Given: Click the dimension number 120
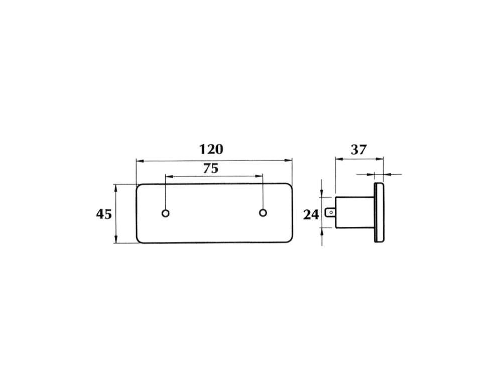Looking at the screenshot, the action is click(211, 150).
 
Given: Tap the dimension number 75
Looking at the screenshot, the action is click(211, 168).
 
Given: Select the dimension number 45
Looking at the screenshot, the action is click(104, 214).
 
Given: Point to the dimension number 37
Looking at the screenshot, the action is click(358, 150).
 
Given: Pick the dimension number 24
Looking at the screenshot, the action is click(311, 214).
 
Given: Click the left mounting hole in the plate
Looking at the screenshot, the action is click(166, 213).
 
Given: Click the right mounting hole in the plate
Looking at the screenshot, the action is click(263, 213).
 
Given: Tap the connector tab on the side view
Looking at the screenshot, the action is click(330, 212).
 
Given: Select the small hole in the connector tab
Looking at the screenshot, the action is click(331, 212).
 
